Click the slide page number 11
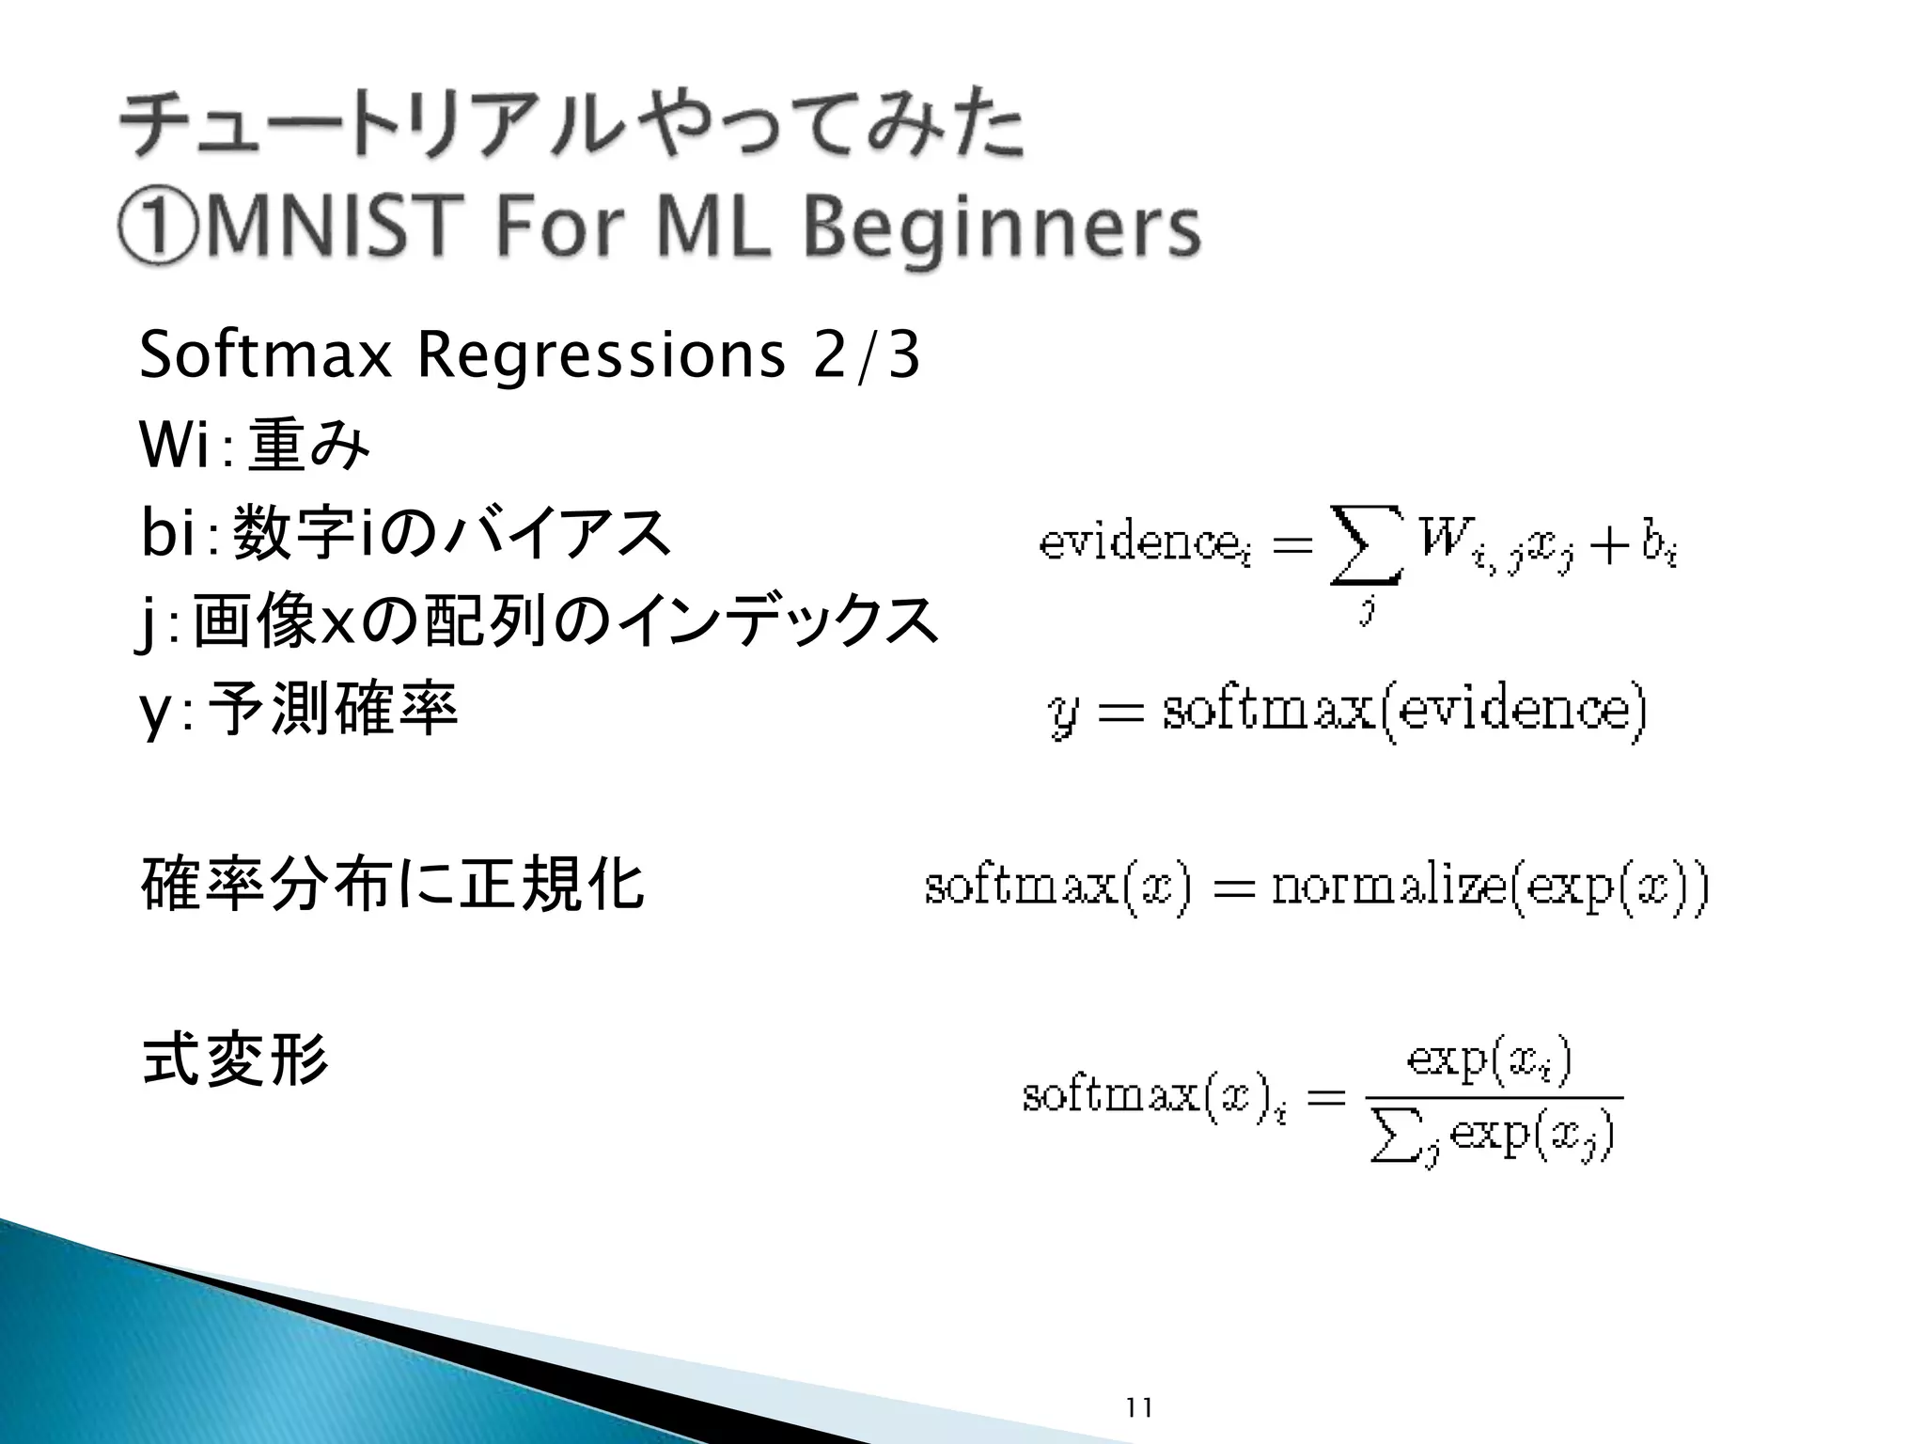click(x=1138, y=1407)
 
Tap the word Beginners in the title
click(x=1002, y=230)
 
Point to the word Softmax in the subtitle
click(x=265, y=355)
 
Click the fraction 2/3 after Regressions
click(x=866, y=355)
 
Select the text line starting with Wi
click(x=254, y=445)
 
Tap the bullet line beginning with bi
click(x=405, y=532)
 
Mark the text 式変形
click(x=235, y=1060)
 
